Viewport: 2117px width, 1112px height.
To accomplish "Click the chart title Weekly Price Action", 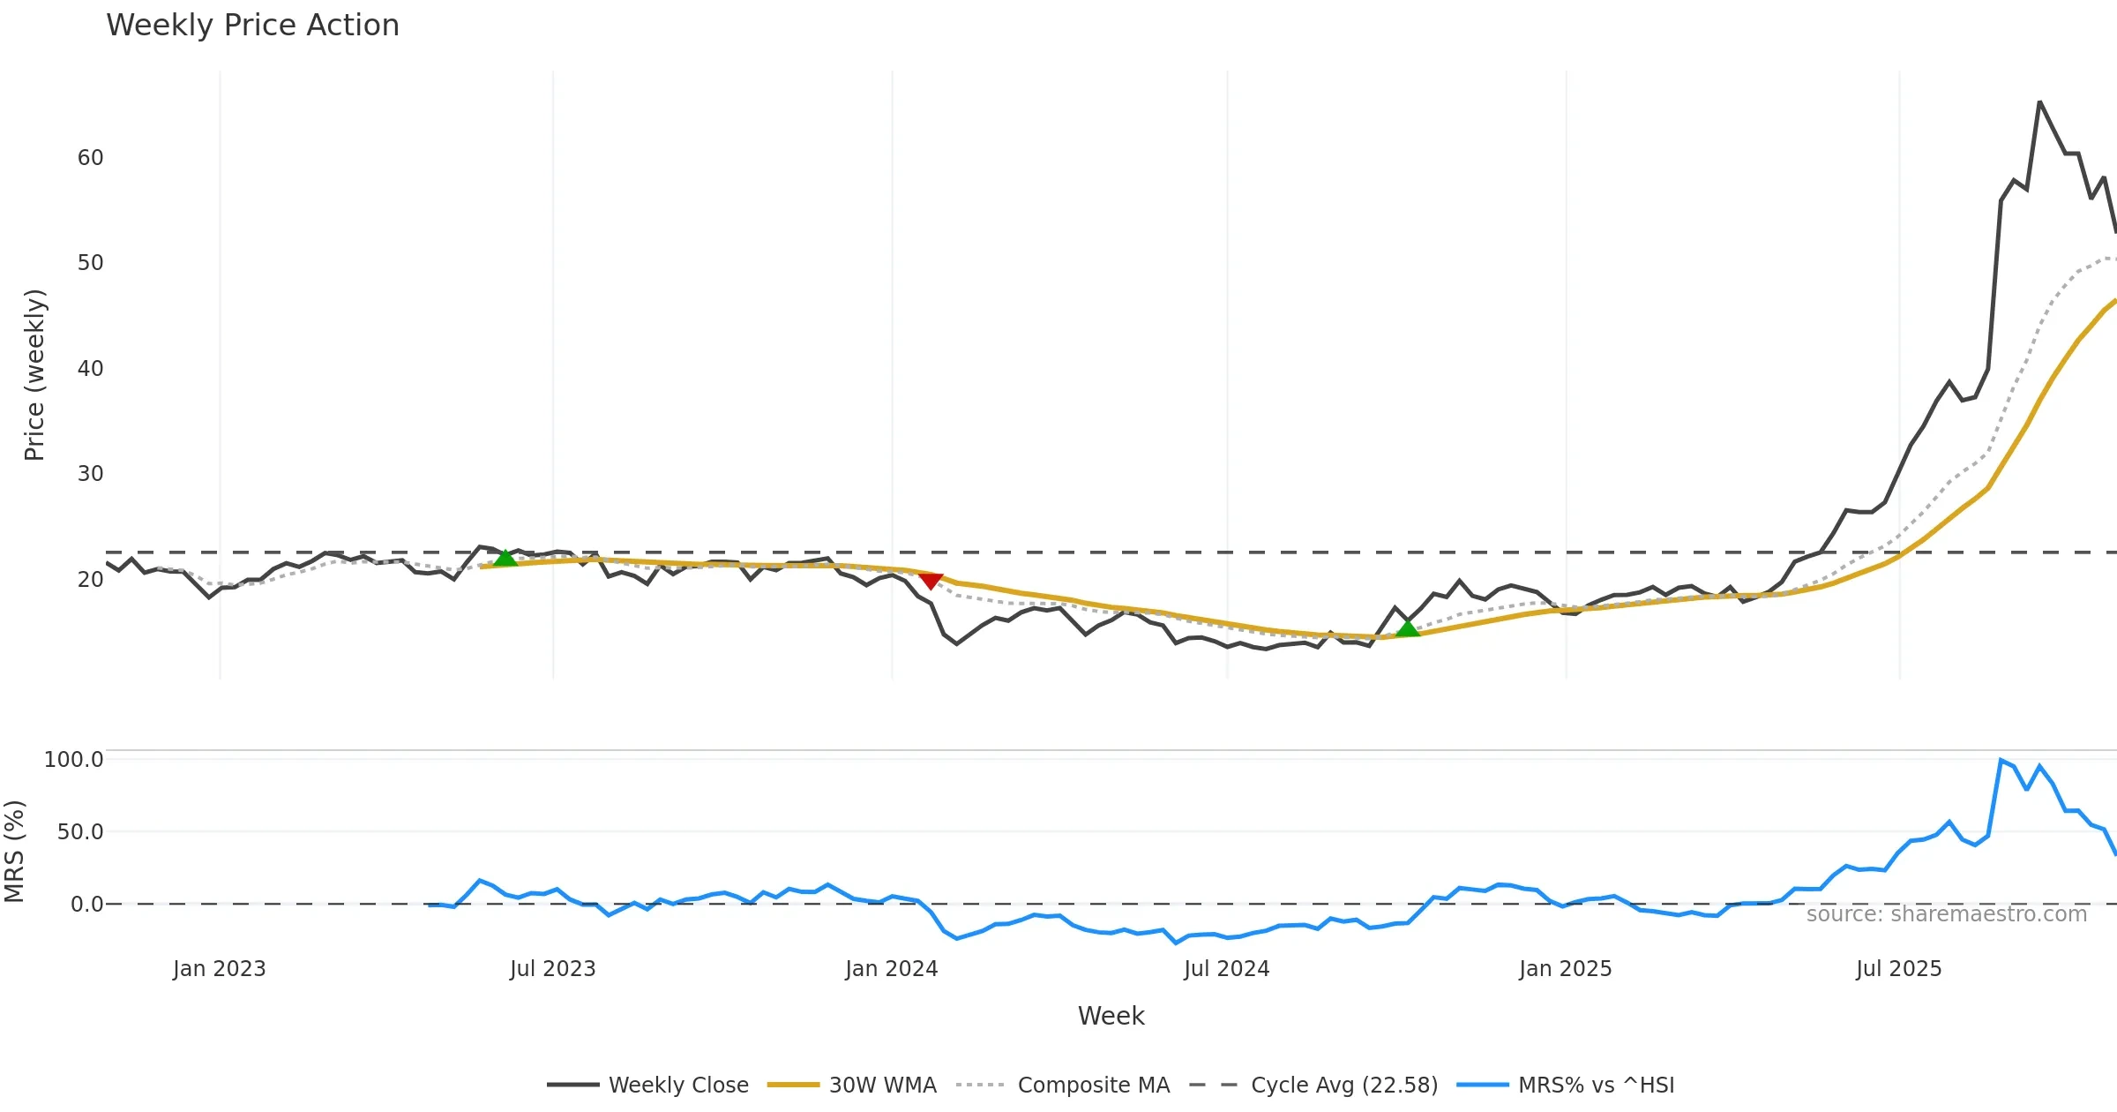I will [252, 26].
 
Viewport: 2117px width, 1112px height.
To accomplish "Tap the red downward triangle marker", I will [931, 580].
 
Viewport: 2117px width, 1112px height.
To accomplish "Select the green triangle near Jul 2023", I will [505, 558].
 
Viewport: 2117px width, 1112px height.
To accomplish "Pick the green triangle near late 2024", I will [1408, 627].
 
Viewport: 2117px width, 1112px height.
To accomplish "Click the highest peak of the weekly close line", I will [2039, 102].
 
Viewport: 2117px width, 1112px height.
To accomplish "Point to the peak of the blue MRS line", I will [2001, 760].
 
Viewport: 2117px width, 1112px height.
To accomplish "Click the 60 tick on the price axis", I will [90, 158].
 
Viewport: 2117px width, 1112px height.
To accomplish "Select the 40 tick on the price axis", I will [90, 369].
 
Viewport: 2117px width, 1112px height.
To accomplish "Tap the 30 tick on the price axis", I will [90, 474].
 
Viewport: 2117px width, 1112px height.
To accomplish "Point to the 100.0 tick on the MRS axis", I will [74, 760].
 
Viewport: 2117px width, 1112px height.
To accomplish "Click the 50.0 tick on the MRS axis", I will [80, 832].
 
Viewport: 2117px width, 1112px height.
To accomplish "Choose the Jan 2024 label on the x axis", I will [891, 969].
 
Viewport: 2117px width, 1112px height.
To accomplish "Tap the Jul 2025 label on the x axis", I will [1898, 969].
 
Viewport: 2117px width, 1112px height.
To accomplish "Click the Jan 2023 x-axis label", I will [219, 969].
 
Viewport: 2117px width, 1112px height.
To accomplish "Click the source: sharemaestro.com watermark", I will [1946, 913].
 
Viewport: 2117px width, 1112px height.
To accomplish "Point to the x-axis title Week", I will [1111, 1016].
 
